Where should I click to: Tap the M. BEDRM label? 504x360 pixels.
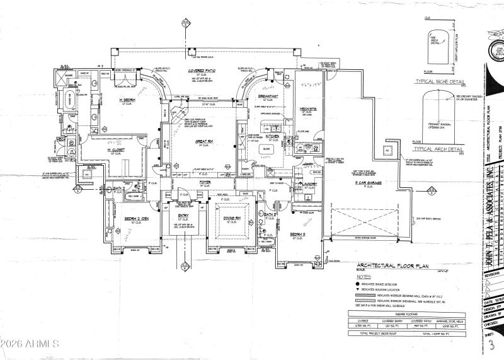click(130, 100)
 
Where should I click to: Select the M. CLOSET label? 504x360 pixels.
click(99, 150)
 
